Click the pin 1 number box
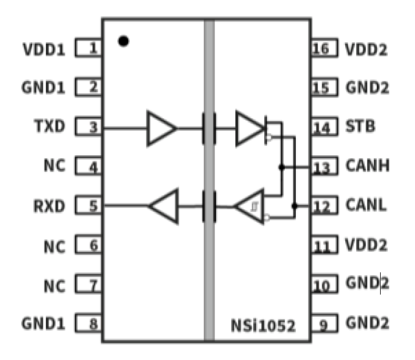coord(89,48)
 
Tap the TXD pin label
coord(49,127)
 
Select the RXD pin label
coord(49,206)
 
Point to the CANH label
coord(367,166)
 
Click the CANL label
coord(366,206)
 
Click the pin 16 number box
coord(324,48)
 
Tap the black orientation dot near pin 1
coord(124,40)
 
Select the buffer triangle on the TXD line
coord(160,128)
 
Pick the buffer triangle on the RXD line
coord(165,207)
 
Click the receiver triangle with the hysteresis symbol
coord(251,207)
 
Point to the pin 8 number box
coord(89,323)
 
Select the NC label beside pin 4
coord(54,166)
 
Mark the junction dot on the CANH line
coord(282,166)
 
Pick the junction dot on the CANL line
coord(294,206)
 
